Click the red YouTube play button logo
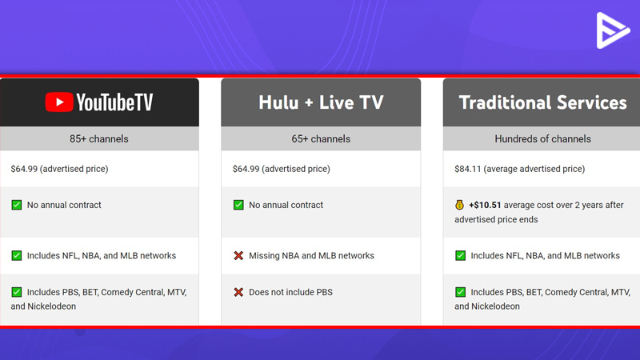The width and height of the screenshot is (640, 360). (x=59, y=102)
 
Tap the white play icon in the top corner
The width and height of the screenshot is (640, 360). (x=612, y=30)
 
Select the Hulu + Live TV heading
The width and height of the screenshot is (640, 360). (x=321, y=102)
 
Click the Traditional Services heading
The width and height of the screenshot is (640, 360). (x=542, y=102)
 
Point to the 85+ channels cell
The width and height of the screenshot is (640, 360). (x=98, y=138)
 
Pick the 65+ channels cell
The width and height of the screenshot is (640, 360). (x=321, y=138)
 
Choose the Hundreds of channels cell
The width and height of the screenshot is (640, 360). (x=542, y=138)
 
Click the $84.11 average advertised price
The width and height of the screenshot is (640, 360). (x=519, y=169)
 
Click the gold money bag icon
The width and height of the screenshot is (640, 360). (x=459, y=205)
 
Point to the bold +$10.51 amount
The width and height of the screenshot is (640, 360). (x=485, y=205)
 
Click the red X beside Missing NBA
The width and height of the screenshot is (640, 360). (x=238, y=255)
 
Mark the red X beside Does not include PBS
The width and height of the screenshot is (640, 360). (x=238, y=292)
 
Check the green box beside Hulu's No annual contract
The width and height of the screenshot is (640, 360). (x=238, y=205)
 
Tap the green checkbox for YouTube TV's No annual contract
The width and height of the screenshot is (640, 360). (x=16, y=205)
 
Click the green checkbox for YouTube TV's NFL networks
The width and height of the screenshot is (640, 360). (x=16, y=255)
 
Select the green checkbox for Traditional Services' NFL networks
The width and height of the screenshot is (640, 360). (x=460, y=255)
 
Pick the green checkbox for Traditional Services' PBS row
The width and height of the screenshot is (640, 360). (x=460, y=292)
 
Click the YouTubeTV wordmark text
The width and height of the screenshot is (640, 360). (x=114, y=102)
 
